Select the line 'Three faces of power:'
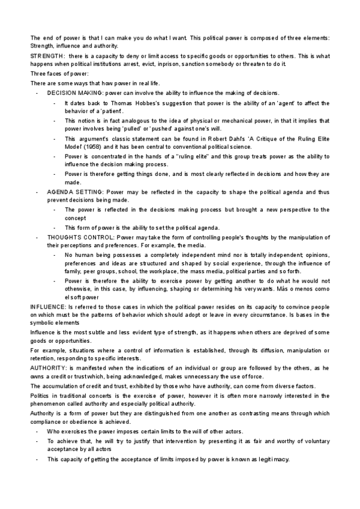point(56,74)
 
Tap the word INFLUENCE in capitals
point(47,307)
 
